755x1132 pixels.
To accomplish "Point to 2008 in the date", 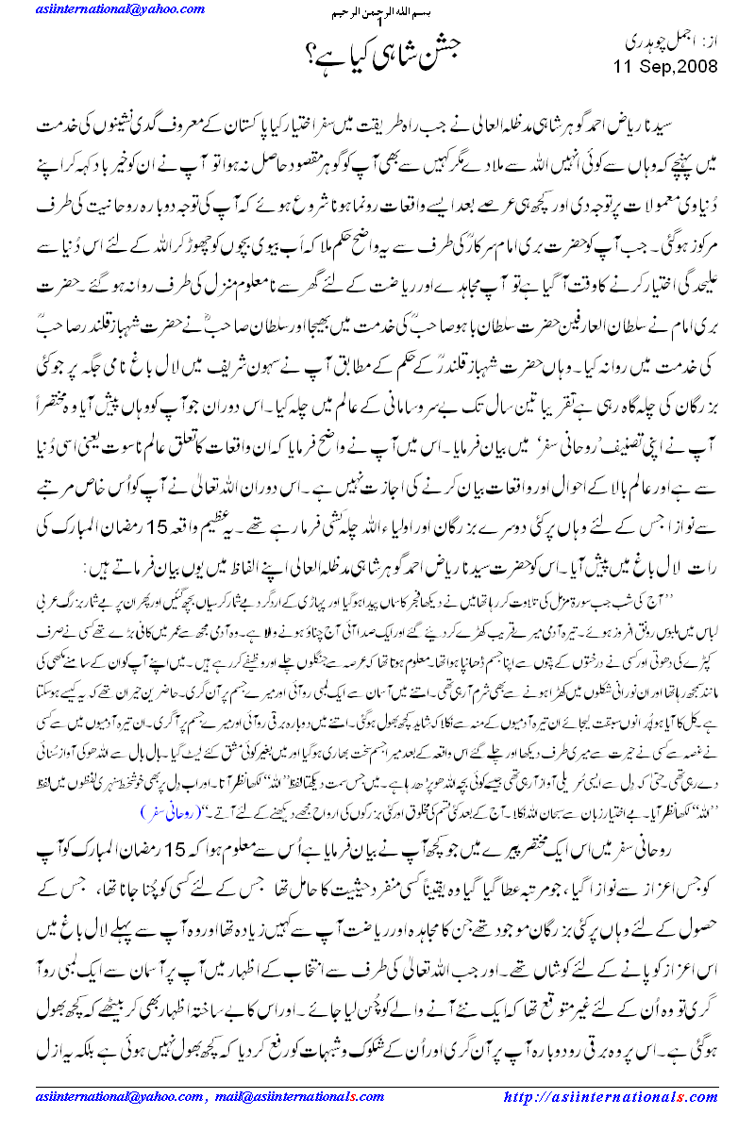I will tap(692, 67).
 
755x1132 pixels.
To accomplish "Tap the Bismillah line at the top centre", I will tap(377, 17).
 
